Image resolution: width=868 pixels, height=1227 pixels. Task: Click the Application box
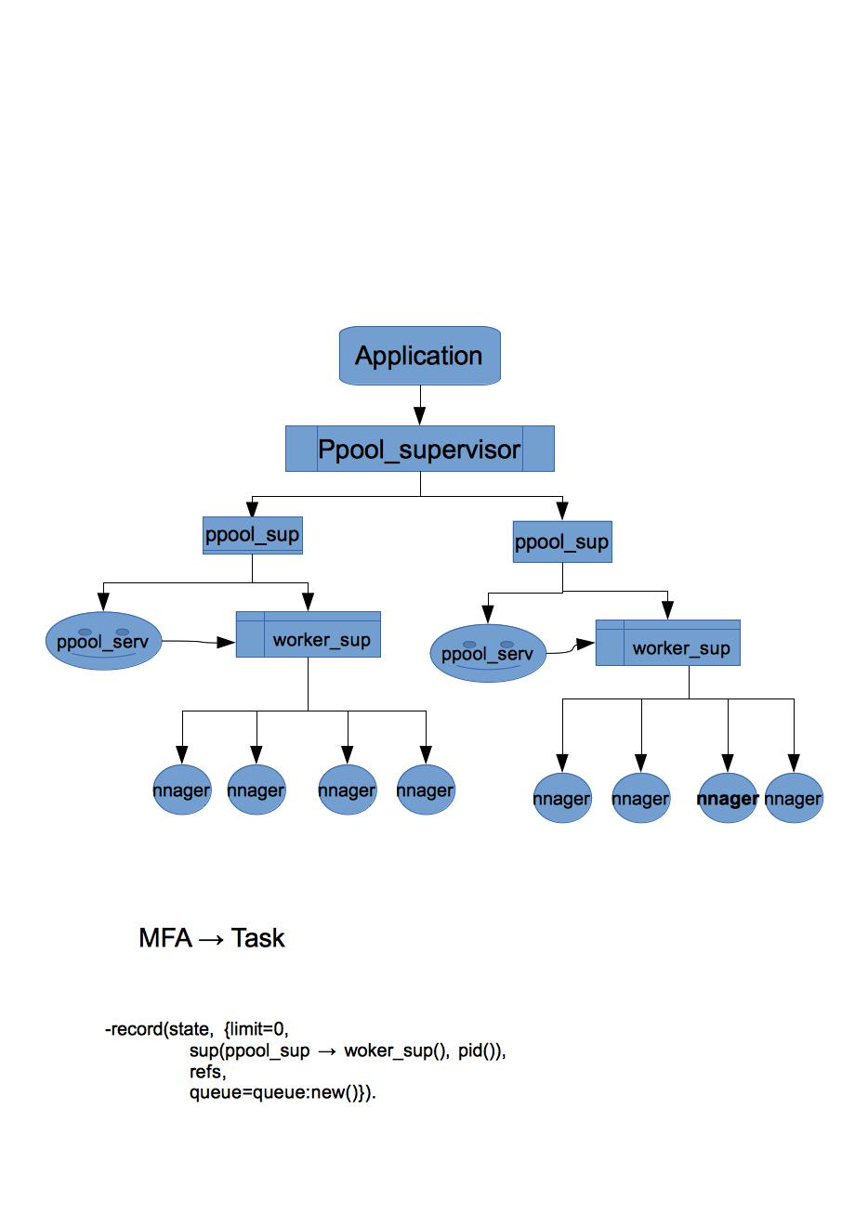420,356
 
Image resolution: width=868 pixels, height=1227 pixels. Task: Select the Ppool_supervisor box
420,449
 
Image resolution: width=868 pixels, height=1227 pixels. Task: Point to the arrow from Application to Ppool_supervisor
420,405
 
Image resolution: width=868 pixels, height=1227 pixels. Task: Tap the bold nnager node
727,798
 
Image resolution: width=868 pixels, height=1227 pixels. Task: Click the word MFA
165,938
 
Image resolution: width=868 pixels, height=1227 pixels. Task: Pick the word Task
257,938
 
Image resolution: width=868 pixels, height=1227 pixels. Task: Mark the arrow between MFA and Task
212,940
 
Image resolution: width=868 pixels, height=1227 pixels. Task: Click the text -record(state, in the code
159,1029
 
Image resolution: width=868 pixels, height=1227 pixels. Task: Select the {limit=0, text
256,1029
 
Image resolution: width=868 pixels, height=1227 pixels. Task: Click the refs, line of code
207,1072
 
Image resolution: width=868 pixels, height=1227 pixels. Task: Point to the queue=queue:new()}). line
283,1092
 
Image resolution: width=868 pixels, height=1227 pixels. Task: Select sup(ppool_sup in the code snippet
250,1051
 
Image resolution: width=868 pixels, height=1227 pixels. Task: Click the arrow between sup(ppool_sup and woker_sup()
326,1051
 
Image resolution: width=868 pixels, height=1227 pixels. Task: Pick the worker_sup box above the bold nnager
668,643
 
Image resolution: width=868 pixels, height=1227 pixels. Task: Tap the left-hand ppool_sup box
253,535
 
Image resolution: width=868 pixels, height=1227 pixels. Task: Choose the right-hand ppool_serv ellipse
488,653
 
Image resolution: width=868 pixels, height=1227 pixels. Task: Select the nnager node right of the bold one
794,798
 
